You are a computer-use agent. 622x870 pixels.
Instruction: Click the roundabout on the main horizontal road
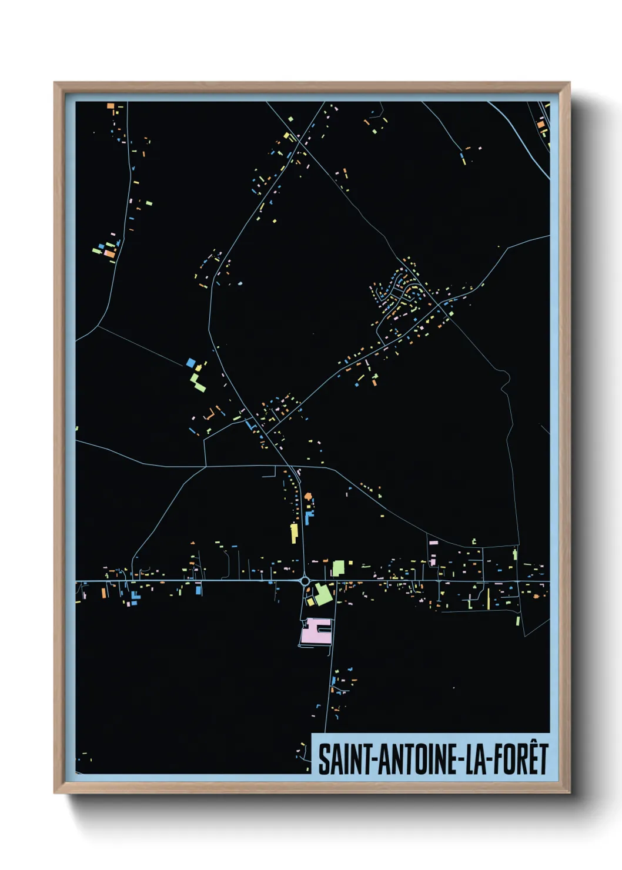coord(305,581)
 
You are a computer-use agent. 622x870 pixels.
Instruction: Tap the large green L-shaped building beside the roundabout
coord(322,594)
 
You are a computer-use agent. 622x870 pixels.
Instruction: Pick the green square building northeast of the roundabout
coord(338,568)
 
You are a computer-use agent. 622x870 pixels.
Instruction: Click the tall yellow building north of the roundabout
coord(294,533)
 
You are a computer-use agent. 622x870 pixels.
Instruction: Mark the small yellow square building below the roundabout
coord(310,602)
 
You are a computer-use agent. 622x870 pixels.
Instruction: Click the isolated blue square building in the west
coord(190,363)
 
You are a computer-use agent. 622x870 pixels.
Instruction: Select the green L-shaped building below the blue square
coord(198,382)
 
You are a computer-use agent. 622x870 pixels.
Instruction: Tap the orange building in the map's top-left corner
coord(110,106)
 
